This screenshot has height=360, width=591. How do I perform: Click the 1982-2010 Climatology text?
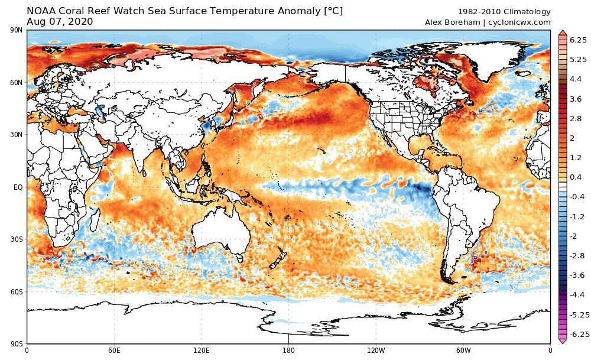[504, 12]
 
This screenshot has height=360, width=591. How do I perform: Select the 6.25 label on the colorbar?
[578, 40]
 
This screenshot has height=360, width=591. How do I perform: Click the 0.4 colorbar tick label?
[576, 177]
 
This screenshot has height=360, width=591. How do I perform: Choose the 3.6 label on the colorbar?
[576, 99]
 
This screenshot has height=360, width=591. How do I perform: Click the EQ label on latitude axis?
[18, 187]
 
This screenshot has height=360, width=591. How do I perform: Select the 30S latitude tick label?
[17, 239]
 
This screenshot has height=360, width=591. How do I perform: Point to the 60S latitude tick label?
[17, 292]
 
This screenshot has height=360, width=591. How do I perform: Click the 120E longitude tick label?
[202, 350]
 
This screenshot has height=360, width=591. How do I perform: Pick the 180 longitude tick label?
[288, 350]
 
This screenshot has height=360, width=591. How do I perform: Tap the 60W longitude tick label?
[463, 350]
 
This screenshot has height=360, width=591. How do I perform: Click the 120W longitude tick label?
[376, 350]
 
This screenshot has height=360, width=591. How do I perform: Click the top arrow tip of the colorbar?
[563, 31]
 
